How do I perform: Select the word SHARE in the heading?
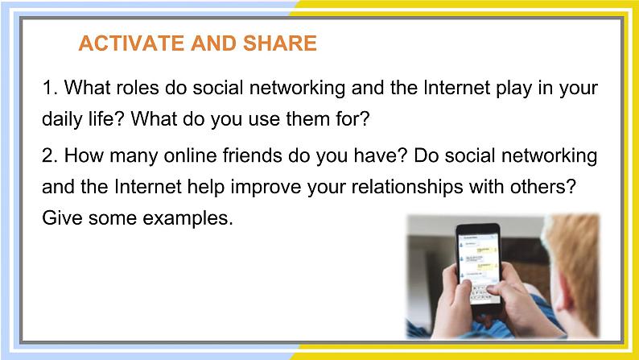[280, 43]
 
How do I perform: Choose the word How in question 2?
[84, 155]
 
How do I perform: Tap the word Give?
[62, 217]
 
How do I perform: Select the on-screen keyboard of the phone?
[485, 292]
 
